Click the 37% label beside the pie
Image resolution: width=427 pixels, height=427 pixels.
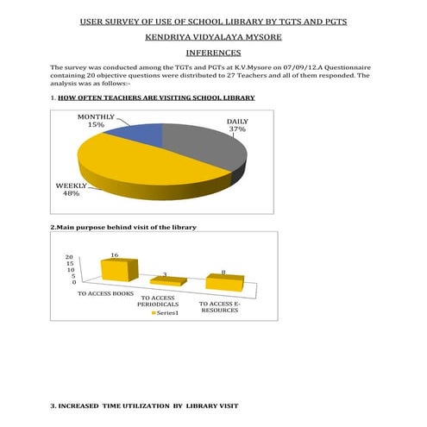click(x=236, y=130)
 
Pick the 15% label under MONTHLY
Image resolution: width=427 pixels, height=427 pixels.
click(x=96, y=125)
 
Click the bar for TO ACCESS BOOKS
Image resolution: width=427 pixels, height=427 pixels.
click(x=118, y=270)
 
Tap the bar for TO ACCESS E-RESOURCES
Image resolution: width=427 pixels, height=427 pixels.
click(x=224, y=282)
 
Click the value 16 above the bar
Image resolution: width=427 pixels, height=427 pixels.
click(x=114, y=255)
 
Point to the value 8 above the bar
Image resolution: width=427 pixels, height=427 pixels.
click(x=223, y=273)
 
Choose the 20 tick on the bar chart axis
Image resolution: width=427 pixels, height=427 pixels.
click(x=69, y=257)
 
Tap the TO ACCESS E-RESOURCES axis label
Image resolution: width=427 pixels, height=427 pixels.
click(x=220, y=306)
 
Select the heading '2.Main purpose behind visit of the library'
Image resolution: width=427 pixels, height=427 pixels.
click(x=123, y=227)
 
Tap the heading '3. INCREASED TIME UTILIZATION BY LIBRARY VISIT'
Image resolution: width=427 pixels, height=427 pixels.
click(x=144, y=405)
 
